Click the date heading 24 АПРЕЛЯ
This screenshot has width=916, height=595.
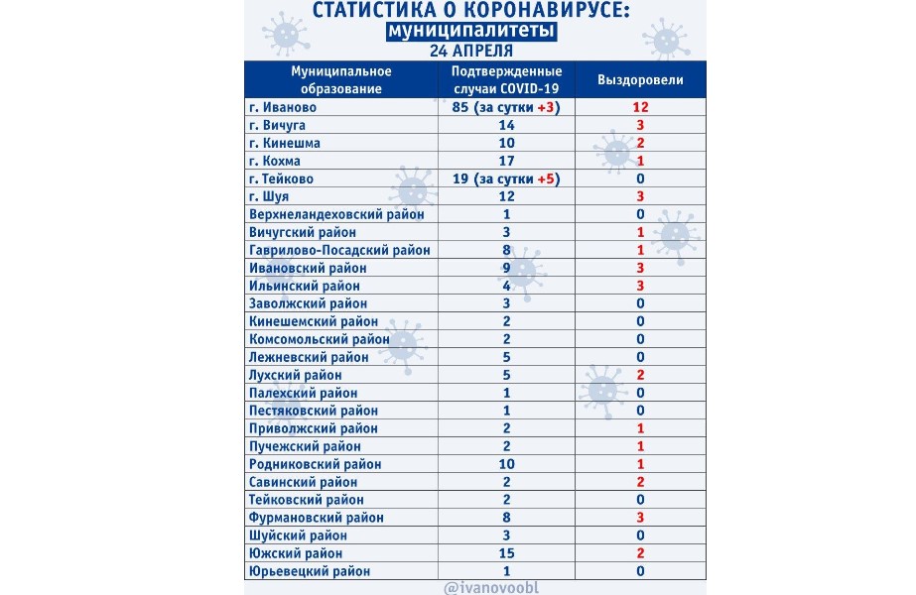point(471,51)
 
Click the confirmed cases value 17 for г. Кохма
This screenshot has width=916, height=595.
point(506,161)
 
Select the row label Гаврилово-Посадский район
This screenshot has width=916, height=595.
point(339,250)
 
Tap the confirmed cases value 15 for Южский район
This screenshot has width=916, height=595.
point(506,553)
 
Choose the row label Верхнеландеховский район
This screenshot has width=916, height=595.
point(337,214)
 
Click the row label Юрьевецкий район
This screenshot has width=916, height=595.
point(310,571)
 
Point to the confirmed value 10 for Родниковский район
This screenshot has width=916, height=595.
point(506,464)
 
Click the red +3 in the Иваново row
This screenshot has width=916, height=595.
point(548,107)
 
